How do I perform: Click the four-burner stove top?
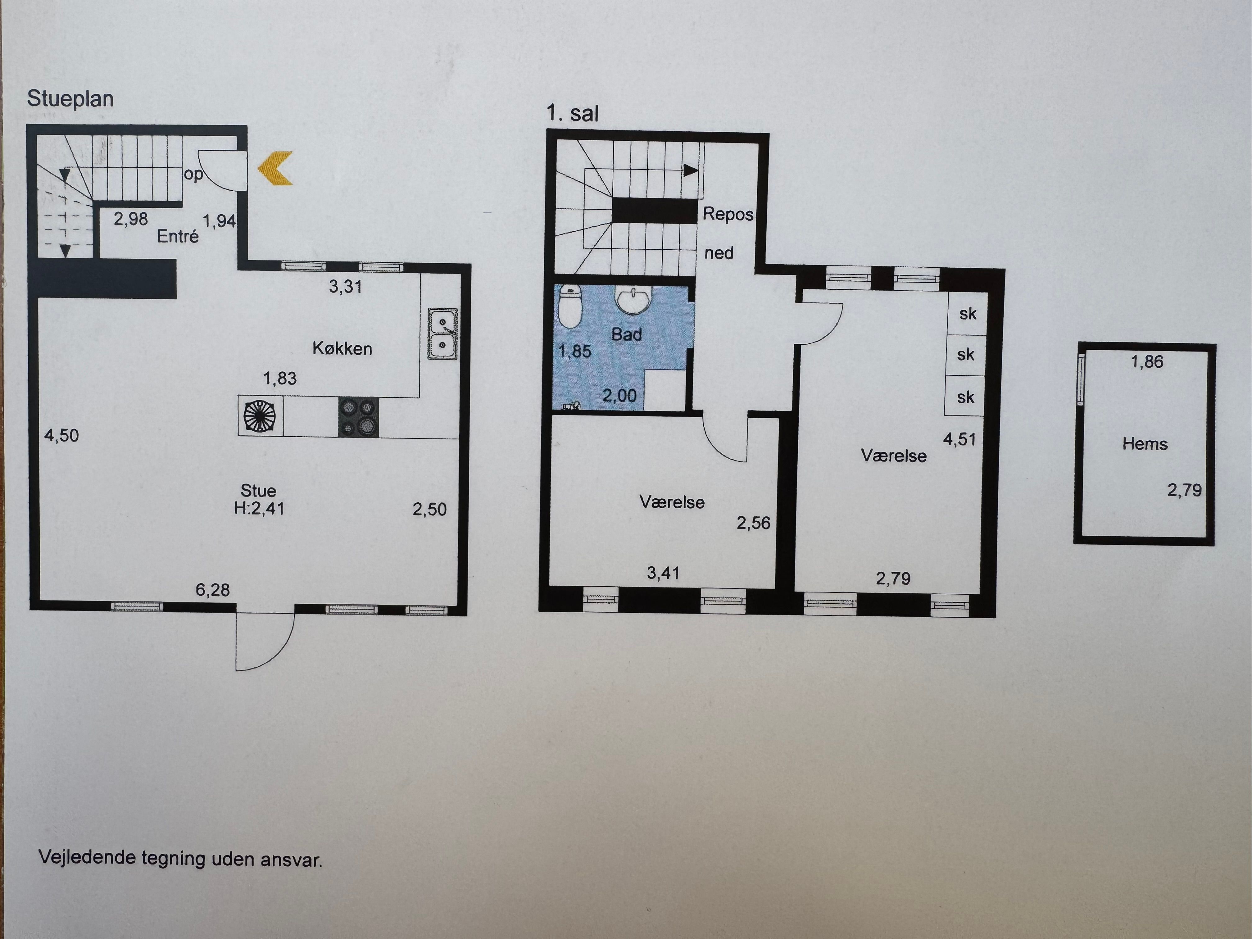(359, 417)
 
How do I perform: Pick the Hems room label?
(1145, 444)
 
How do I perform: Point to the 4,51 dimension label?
(959, 439)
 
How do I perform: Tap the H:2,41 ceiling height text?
(259, 508)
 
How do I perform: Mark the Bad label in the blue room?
(627, 334)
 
